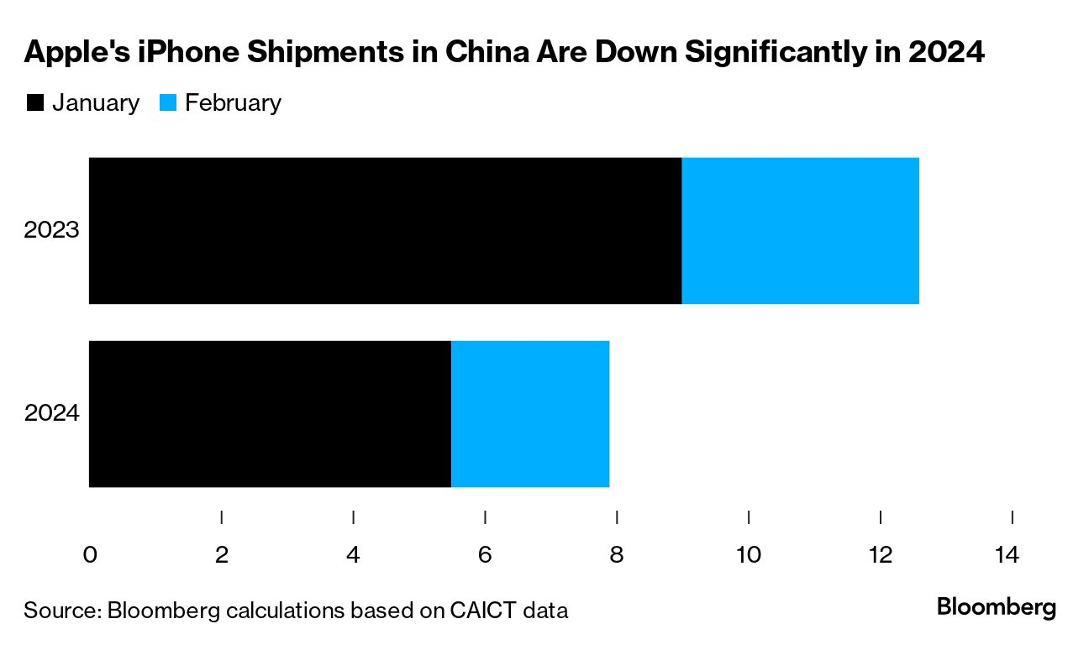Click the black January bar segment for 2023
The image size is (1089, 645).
click(x=385, y=231)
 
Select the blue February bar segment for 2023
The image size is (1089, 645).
click(x=800, y=231)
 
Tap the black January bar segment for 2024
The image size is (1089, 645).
click(x=270, y=413)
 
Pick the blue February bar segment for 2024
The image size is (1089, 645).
click(x=530, y=413)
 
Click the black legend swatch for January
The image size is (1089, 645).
click(x=35, y=103)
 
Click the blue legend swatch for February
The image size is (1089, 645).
click(x=167, y=103)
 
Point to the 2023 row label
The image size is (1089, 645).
click(x=51, y=230)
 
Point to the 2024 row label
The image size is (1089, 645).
click(x=51, y=413)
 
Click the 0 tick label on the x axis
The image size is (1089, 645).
click(x=90, y=555)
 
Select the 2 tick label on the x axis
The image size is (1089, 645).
click(x=222, y=555)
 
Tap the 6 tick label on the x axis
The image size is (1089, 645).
click(x=485, y=555)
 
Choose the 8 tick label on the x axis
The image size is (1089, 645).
click(x=617, y=555)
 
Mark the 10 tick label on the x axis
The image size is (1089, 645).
click(x=748, y=555)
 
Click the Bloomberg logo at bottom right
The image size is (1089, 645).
click(x=996, y=607)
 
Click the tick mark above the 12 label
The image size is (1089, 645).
click(x=880, y=517)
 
